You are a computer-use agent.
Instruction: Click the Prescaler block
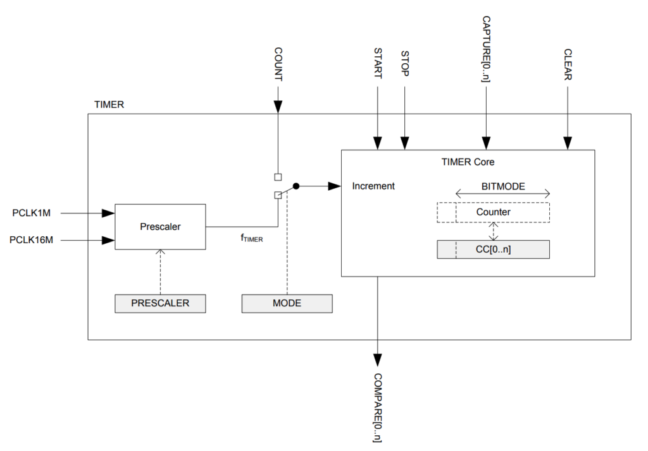pos(160,227)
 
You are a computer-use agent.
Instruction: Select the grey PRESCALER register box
pos(160,303)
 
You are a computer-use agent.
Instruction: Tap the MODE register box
pos(287,303)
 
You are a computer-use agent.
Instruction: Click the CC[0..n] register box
pos(493,250)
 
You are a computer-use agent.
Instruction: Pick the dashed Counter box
pos(493,212)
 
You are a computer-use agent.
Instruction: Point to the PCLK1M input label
pos(32,213)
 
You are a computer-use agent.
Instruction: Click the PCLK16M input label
pos(32,240)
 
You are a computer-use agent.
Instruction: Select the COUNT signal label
pos(278,64)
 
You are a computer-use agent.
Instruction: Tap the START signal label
pos(378,63)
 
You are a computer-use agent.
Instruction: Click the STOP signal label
pos(405,64)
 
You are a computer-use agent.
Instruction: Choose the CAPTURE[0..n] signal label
pos(487,49)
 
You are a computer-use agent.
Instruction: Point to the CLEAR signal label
pos(568,64)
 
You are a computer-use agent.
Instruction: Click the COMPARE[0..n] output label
pos(377,407)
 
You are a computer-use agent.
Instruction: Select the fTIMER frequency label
pos(252,238)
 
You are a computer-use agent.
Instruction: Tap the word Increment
pos(373,186)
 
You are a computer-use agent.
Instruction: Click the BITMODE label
pos(503,186)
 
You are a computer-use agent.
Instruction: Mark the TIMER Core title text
pos(468,162)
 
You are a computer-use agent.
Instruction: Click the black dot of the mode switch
pos(296,186)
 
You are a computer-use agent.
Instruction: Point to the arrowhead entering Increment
pos(334,186)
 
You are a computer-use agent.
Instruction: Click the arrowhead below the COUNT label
pos(278,107)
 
